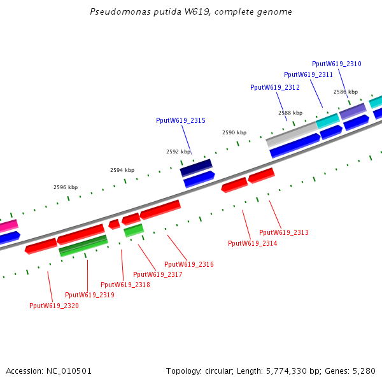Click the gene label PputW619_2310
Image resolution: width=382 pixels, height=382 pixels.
(337, 64)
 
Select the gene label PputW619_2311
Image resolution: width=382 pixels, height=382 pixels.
(308, 74)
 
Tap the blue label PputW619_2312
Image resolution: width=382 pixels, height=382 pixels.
(275, 87)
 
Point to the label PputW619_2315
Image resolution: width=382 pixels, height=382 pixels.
(181, 120)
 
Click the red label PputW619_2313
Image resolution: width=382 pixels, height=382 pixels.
(284, 233)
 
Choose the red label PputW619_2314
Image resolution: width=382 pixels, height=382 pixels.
(253, 243)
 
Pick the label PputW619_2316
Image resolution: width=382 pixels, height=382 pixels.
(189, 264)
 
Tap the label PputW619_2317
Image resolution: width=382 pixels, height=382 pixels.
(158, 274)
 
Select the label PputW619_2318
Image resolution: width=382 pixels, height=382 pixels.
(125, 285)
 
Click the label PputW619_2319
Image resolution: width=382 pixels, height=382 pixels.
(90, 295)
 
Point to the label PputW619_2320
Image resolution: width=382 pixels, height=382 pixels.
(54, 306)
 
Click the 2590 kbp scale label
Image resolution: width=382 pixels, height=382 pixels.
(234, 132)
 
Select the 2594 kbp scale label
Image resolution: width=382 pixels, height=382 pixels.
(122, 170)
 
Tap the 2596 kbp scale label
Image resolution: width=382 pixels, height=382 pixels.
(66, 187)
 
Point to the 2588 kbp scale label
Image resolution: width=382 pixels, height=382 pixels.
(290, 113)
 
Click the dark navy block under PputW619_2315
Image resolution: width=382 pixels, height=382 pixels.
(196, 168)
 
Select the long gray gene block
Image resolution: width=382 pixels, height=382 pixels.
(292, 134)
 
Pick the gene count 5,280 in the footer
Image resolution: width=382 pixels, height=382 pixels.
(364, 371)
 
